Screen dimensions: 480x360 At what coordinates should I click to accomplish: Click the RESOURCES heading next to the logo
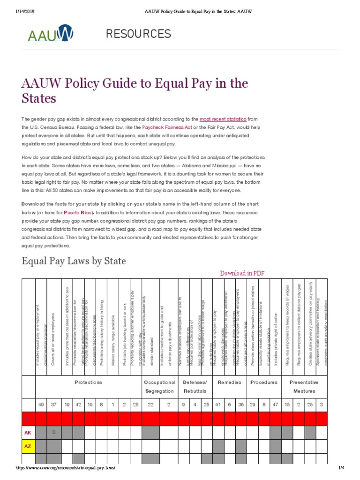point(138,34)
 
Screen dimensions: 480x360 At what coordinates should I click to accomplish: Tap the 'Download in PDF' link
point(245,273)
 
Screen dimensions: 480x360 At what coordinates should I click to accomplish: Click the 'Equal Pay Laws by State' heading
point(74,261)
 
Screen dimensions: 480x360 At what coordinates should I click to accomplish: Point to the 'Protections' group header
point(88,382)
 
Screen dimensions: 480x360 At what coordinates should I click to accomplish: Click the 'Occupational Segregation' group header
point(160,386)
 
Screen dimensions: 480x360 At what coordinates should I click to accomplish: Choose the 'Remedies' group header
point(230,382)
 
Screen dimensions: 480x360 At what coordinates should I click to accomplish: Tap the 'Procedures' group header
point(264,382)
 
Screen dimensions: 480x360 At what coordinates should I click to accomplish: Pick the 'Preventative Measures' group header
point(304,386)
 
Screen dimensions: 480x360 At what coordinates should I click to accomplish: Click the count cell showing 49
point(41,404)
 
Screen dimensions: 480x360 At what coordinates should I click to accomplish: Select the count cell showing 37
point(54,404)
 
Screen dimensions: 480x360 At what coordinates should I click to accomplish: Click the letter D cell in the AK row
point(54,432)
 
